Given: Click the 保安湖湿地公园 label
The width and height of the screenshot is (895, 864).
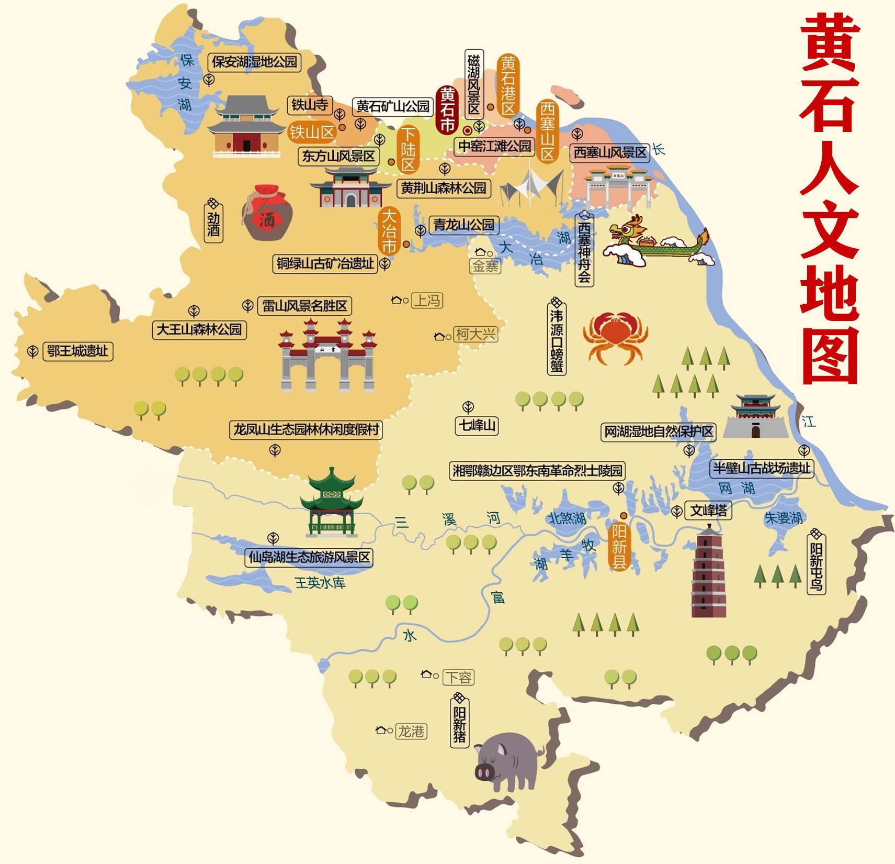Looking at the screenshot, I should click(x=254, y=62).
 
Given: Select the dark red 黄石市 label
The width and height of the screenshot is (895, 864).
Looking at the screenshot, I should click(x=447, y=109).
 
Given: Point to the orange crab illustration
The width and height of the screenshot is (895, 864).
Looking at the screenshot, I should click(x=616, y=337).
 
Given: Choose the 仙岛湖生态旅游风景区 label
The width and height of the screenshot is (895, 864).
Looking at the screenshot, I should click(x=309, y=557).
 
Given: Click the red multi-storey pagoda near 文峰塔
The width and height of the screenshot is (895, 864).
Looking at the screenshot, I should click(x=709, y=573).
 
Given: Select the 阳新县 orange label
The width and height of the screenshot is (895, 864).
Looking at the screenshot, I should click(x=619, y=547).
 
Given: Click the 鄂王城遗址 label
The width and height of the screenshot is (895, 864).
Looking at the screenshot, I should click(x=77, y=351).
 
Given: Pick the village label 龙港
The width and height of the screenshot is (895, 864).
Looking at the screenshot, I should click(x=412, y=731).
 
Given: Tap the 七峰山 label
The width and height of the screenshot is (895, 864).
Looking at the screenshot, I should click(x=477, y=425).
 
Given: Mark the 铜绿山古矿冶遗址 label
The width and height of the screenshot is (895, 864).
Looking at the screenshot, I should click(x=325, y=263).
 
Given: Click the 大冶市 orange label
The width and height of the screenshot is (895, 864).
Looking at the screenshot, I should click(x=389, y=231).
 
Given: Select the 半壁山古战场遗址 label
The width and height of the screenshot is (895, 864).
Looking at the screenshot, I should click(x=761, y=468).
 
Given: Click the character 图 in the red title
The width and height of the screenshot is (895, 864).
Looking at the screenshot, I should click(x=830, y=356).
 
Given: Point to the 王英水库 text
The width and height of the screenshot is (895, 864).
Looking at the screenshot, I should click(x=320, y=583).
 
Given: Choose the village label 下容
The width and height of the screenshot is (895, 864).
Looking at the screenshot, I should click(x=458, y=678).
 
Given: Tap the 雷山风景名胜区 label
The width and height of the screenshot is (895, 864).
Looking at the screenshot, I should click(x=304, y=306).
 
